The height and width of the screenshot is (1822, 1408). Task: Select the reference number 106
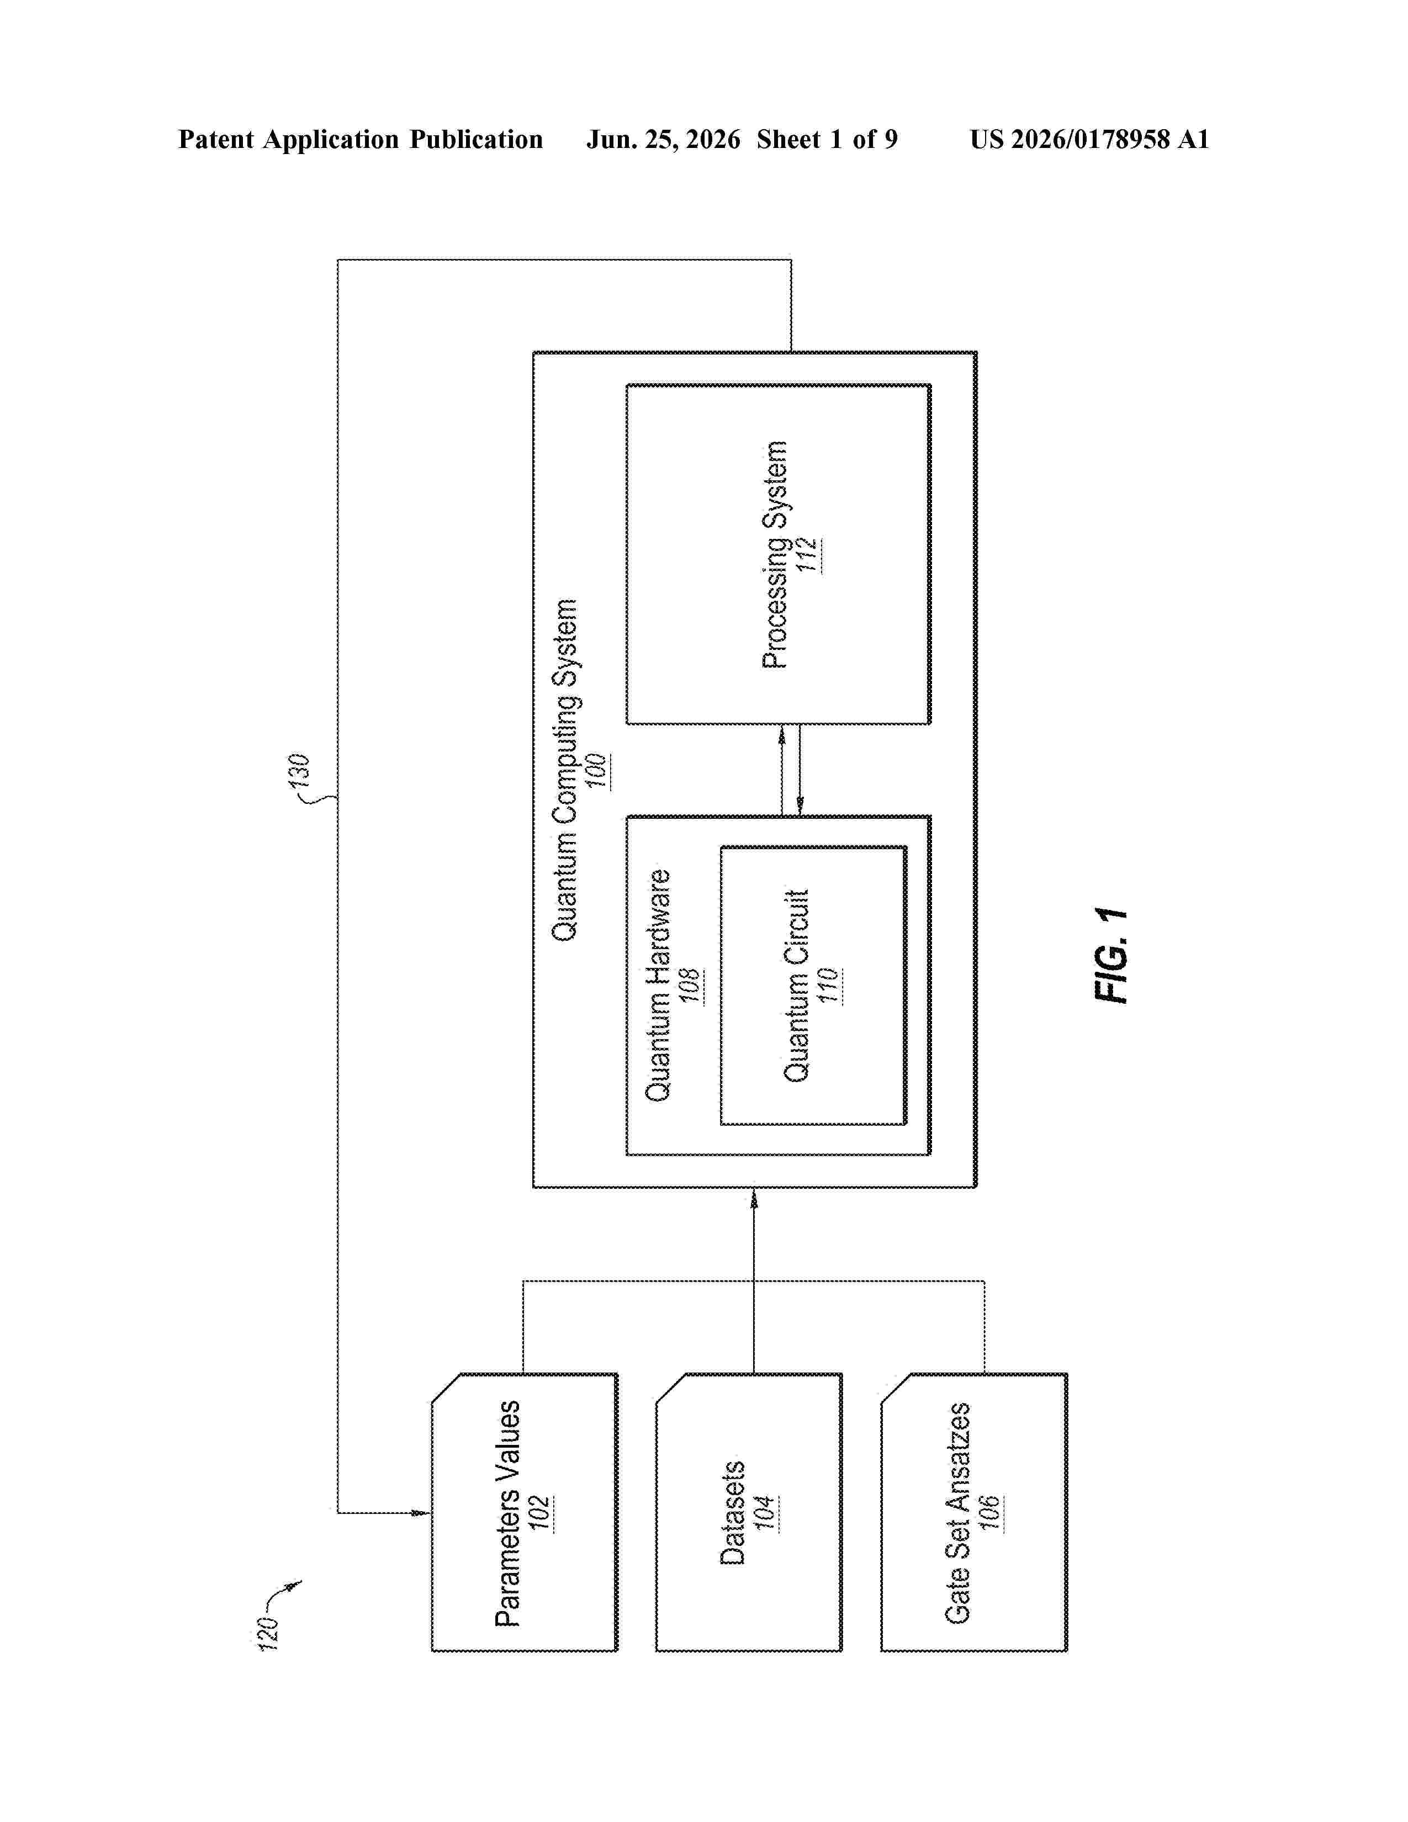[x=990, y=1512]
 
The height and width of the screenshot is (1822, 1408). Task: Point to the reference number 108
[x=691, y=986]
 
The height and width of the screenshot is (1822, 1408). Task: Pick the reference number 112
[x=807, y=555]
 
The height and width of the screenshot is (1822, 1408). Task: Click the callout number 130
[x=299, y=770]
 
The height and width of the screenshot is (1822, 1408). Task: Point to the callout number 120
[x=268, y=1633]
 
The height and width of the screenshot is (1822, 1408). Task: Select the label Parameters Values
[x=508, y=1513]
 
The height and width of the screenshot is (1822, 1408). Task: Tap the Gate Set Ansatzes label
[x=957, y=1512]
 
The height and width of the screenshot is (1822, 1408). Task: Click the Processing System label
[x=775, y=555]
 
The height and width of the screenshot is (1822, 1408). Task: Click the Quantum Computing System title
[x=565, y=770]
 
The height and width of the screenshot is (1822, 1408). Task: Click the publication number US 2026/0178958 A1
[x=1089, y=139]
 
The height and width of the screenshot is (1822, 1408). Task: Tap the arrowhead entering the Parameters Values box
[x=422, y=1512]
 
